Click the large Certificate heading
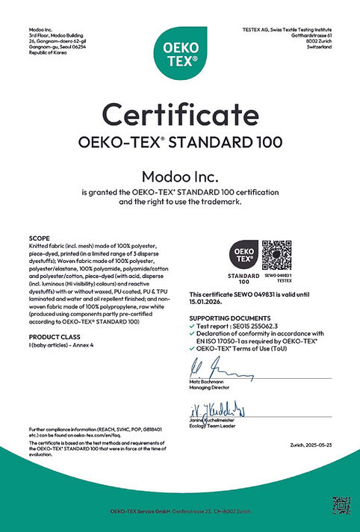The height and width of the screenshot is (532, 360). click(179, 114)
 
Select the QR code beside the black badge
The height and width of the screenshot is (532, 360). click(276, 255)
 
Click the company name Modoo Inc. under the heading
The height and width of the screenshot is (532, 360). click(179, 176)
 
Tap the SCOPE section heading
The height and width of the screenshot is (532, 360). click(37, 239)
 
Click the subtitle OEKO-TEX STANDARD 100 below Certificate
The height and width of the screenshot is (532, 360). click(179, 141)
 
